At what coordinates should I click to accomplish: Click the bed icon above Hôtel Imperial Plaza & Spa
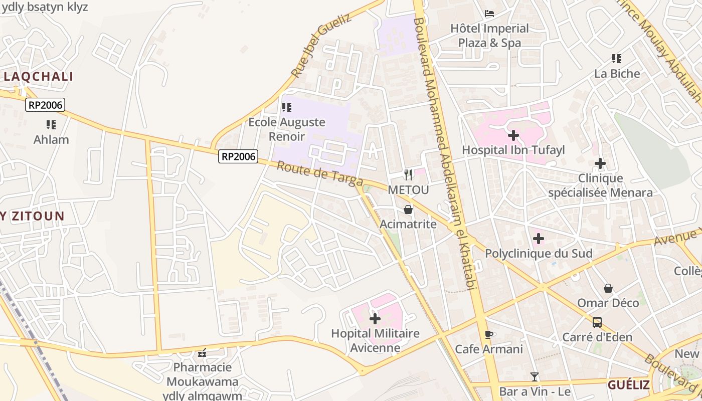pos(489,13)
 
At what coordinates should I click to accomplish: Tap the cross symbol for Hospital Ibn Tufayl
pos(513,135)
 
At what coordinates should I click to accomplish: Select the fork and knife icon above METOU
pos(408,174)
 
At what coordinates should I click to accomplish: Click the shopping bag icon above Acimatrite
pos(408,209)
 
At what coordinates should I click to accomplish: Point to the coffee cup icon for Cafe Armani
pos(489,334)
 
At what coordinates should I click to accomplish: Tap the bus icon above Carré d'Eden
pos(597,322)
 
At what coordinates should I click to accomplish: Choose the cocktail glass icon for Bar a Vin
pos(535,376)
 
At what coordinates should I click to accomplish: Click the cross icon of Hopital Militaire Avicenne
pos(375,318)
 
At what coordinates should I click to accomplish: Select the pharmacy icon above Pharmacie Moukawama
pos(202,353)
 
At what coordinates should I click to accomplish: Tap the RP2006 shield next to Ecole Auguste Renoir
pos(239,157)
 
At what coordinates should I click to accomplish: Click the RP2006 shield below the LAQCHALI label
pos(46,105)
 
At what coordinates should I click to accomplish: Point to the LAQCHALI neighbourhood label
pos(39,77)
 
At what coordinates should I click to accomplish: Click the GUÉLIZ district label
pos(629,385)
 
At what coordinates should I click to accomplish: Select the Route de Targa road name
pos(312,173)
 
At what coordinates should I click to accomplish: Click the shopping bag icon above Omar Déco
pos(608,288)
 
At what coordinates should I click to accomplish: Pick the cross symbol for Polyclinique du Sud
pos(538,239)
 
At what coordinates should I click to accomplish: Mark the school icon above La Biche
pos(617,59)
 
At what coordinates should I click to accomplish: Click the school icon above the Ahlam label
pos(51,124)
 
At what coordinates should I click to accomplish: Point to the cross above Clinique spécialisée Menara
pos(600,163)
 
